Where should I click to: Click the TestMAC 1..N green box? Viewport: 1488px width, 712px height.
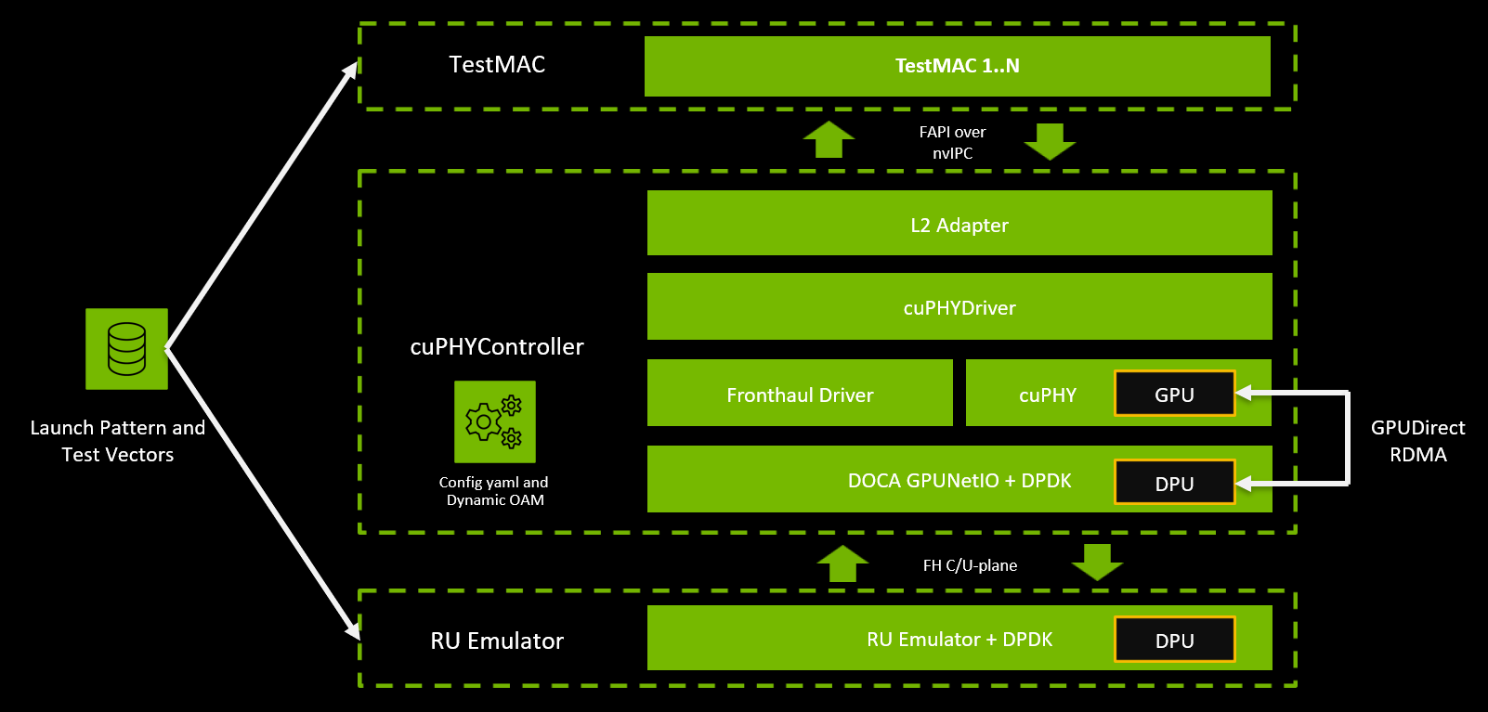pyautogui.click(x=957, y=66)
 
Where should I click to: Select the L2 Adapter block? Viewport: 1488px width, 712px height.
pyautogui.click(x=959, y=224)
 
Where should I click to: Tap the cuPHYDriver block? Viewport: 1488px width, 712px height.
pyautogui.click(x=959, y=306)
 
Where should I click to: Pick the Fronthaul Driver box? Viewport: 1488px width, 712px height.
pyautogui.click(x=800, y=394)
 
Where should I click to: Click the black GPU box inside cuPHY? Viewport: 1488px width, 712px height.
pyautogui.click(x=1174, y=394)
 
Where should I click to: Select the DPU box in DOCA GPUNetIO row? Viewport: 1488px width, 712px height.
pyautogui.click(x=1174, y=483)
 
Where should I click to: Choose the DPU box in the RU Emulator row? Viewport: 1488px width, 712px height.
pyautogui.click(x=1174, y=640)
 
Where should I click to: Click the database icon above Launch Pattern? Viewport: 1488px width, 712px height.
pyautogui.click(x=126, y=348)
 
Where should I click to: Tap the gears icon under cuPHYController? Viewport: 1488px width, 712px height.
pyautogui.click(x=494, y=421)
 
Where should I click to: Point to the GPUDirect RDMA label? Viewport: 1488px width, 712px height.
pyautogui.click(x=1417, y=441)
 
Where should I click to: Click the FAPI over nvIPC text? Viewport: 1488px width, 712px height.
pyautogui.click(x=952, y=142)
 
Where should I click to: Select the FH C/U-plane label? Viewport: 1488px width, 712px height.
pyautogui.click(x=970, y=565)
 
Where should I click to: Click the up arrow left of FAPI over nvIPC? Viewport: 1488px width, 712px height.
pyautogui.click(x=829, y=139)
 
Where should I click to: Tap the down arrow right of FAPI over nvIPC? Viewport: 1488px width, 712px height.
pyautogui.click(x=1050, y=141)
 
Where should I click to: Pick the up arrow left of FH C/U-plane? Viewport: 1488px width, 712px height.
pyautogui.click(x=842, y=563)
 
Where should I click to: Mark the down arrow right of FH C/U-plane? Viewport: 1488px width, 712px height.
pyautogui.click(x=1097, y=562)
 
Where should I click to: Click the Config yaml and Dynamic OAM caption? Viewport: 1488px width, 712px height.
pyautogui.click(x=494, y=491)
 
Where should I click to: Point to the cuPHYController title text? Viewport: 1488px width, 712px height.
pyautogui.click(x=497, y=346)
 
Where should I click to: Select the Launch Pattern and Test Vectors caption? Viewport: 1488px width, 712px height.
pyautogui.click(x=118, y=441)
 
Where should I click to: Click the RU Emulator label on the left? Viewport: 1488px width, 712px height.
pyautogui.click(x=497, y=641)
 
